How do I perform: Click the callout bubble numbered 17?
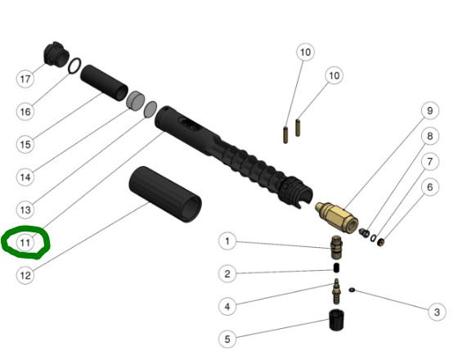[x=25, y=79]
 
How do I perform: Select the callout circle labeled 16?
[x=25, y=111]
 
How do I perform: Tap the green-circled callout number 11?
[x=25, y=242]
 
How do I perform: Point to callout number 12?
[x=25, y=275]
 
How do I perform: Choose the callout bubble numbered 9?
[x=429, y=110]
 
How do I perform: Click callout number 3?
[x=437, y=312]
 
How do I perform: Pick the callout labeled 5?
[x=227, y=339]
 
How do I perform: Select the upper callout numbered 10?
[x=305, y=52]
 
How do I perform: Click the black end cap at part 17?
[x=56, y=55]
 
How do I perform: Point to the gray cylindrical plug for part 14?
[x=136, y=101]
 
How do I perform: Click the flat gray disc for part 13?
[x=150, y=110]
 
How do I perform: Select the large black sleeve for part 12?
[x=165, y=194]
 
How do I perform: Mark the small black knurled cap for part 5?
[x=336, y=320]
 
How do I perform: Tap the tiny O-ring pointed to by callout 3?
[x=352, y=290]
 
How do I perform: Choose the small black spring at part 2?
[x=336, y=268]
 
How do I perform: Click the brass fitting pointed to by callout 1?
[x=336, y=247]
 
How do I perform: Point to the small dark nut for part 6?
[x=380, y=242]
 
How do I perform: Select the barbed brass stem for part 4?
[x=336, y=291]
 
